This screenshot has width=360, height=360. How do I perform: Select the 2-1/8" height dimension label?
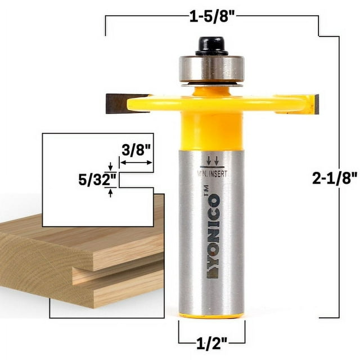coord(335,178)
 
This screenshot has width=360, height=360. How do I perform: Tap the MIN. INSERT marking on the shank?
coord(213,174)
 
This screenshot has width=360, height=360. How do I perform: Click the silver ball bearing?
coord(211,69)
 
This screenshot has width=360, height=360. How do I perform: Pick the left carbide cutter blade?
coord(120,103)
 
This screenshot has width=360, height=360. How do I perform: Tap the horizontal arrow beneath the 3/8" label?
coord(137,162)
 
